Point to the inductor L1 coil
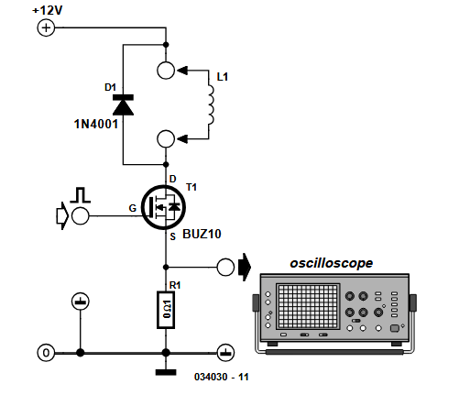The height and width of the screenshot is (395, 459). (212, 104)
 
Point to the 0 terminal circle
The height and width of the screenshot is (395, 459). (44, 352)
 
